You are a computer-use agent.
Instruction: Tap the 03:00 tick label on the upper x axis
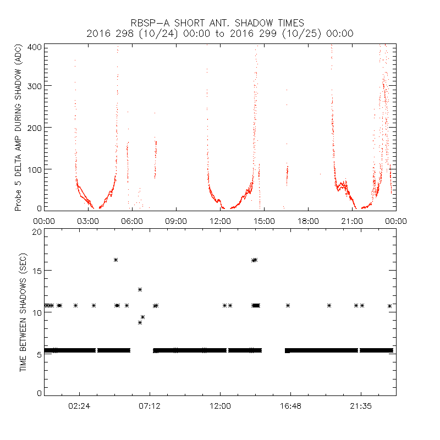(88, 221)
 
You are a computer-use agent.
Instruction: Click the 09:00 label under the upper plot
(176, 221)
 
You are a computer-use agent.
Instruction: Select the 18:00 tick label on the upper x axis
(308, 221)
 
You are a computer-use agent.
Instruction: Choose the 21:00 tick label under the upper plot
(352, 221)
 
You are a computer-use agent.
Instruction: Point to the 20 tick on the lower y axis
(37, 232)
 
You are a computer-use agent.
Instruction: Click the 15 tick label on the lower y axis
(37, 271)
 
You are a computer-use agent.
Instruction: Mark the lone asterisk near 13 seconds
(140, 289)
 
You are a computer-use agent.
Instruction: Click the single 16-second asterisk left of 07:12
(116, 260)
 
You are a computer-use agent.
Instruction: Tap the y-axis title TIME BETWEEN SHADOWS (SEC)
(24, 312)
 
